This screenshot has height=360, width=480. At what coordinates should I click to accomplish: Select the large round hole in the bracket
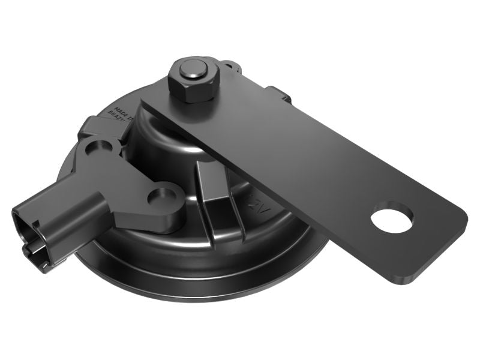tap(392, 218)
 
